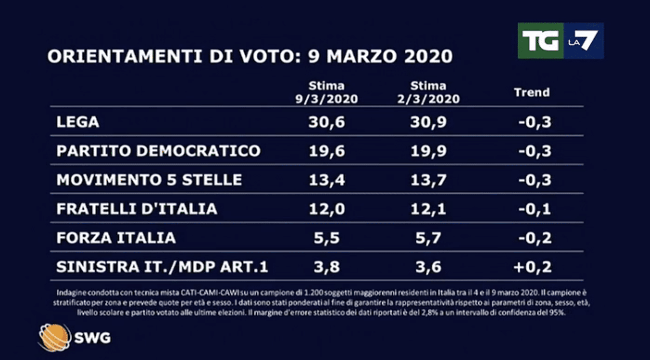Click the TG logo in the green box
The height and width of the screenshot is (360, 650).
[x=540, y=41]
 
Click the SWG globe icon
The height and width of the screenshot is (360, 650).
[x=54, y=338]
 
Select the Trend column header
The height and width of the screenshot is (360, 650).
[x=532, y=92]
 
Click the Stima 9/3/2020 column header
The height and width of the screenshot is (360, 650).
[x=327, y=92]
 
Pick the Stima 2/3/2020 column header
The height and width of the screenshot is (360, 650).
[x=428, y=92]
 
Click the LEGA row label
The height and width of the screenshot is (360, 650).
[x=78, y=122]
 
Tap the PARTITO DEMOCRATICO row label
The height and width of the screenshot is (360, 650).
[x=158, y=151]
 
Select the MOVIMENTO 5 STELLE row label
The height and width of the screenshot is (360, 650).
[x=149, y=180]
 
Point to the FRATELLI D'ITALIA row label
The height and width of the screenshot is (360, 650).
[x=137, y=209]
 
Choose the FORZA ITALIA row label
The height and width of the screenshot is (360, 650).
[x=116, y=238]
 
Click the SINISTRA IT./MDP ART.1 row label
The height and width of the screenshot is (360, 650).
[x=162, y=267]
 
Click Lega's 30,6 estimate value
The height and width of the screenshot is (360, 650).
[x=327, y=122]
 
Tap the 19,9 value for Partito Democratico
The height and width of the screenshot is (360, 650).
[x=428, y=151]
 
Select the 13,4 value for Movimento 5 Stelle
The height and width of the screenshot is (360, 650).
[x=327, y=180]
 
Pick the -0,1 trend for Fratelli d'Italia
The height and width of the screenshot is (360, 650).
[x=535, y=209]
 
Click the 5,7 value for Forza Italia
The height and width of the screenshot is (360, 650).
[x=428, y=238]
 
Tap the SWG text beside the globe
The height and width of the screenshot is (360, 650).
[x=93, y=338]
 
